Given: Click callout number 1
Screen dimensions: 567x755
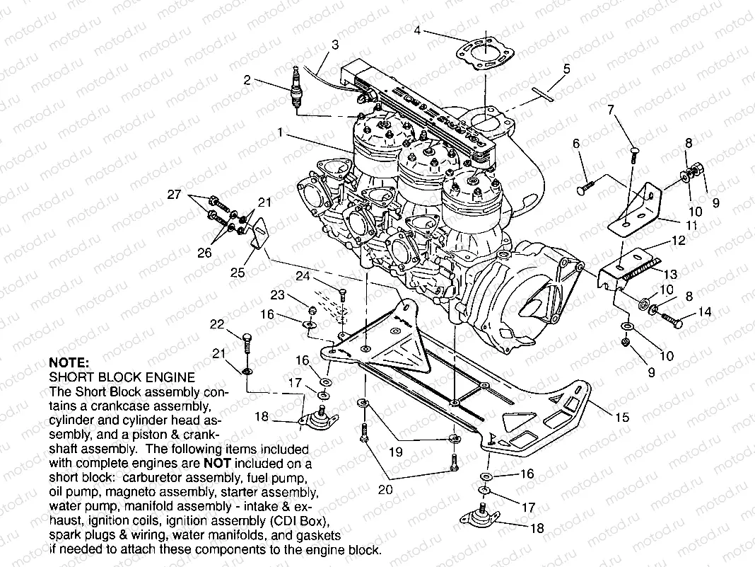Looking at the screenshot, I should (281, 132).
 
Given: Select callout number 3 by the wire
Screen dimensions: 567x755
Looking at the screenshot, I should (334, 44).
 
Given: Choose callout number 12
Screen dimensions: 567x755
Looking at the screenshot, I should (678, 241).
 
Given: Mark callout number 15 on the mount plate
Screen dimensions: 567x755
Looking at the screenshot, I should (621, 418).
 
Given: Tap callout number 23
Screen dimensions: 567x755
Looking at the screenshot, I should (276, 295).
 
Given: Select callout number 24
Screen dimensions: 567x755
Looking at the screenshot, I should (303, 276).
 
